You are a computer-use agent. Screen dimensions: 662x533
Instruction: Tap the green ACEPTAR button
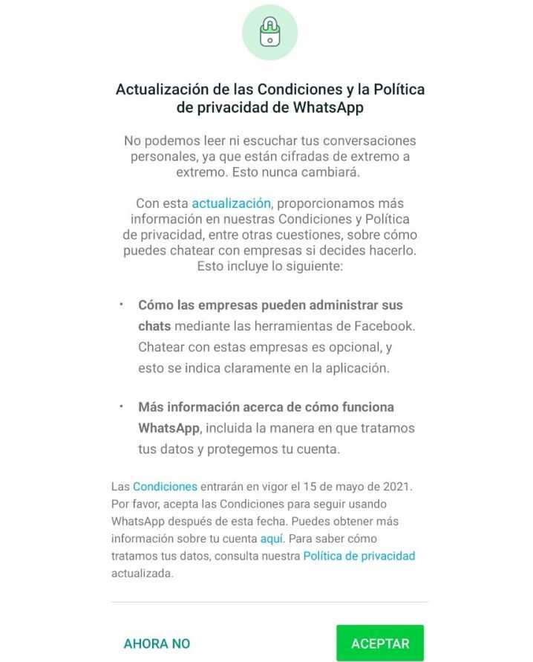379,643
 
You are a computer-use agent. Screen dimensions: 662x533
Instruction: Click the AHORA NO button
157,643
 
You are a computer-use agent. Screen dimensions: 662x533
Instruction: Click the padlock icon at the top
269,31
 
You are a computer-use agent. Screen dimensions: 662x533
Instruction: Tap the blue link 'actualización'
231,203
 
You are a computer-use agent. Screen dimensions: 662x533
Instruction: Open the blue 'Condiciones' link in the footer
165,487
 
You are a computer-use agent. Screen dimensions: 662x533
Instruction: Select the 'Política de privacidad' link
359,555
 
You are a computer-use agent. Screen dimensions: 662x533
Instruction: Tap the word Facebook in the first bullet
376,325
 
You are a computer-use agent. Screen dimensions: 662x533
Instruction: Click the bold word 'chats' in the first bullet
154,325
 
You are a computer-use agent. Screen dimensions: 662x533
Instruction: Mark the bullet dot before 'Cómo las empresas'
121,305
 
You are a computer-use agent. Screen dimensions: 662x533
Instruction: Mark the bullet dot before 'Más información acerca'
121,407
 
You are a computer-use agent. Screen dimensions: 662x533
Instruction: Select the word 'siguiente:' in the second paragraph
314,265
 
